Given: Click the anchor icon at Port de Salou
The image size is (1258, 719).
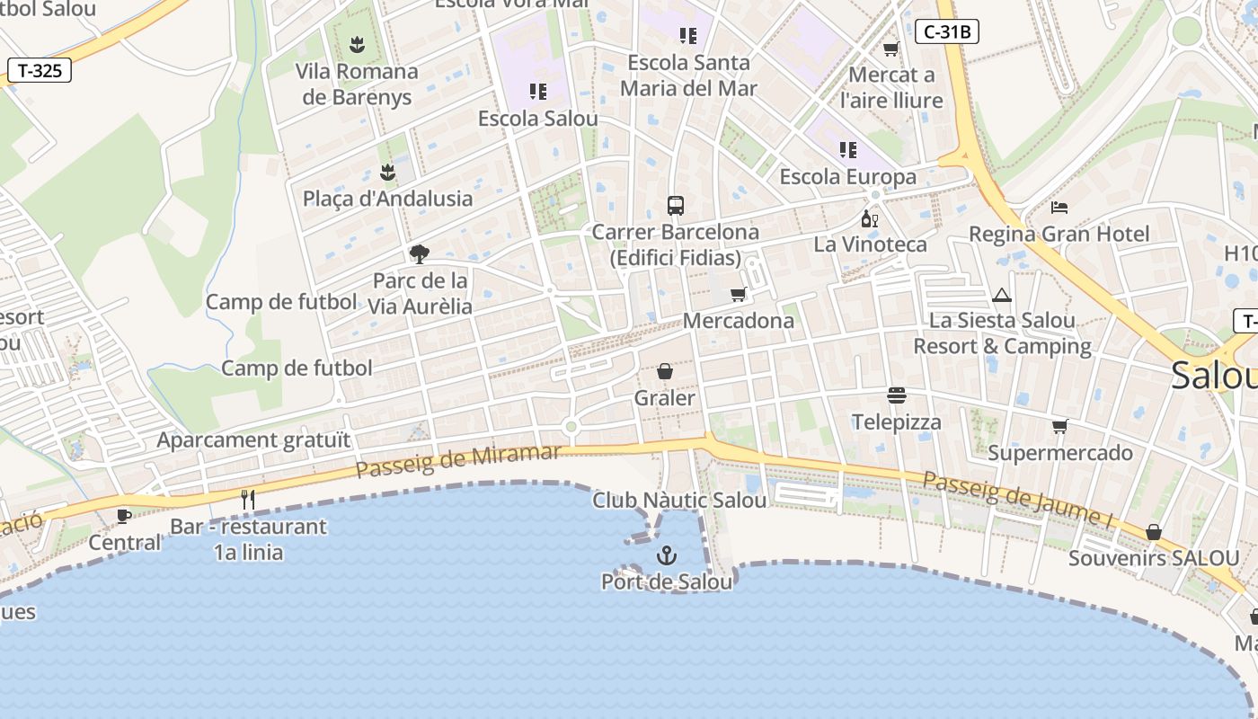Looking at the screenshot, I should (666, 555).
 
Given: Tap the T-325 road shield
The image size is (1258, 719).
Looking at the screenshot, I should (40, 70).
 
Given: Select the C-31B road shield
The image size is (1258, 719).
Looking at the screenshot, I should (947, 32).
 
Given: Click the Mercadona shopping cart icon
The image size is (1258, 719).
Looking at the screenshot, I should (739, 294).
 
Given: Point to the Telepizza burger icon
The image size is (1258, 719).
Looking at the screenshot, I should (896, 395).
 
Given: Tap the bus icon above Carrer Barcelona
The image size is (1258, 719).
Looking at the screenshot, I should (676, 206).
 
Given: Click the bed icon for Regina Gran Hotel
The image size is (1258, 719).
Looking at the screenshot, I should (1059, 208).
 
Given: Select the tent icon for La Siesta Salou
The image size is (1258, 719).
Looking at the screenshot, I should (1001, 295).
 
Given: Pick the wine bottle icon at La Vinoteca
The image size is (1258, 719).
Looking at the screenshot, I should (869, 218).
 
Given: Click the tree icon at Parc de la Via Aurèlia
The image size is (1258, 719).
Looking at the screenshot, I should (419, 254).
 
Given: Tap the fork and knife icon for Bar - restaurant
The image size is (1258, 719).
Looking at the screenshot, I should (248, 500).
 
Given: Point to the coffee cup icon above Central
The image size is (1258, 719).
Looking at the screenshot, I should (124, 516).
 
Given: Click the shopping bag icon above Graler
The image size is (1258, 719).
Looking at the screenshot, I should (665, 371).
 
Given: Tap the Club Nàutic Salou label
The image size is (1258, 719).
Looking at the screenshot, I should (679, 501).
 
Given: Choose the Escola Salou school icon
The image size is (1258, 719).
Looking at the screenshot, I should (538, 92).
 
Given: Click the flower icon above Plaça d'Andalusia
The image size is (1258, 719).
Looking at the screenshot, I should (387, 172).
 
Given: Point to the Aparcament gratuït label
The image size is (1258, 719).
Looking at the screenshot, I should (253, 440).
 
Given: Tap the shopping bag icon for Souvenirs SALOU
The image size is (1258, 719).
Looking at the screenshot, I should (1154, 532).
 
